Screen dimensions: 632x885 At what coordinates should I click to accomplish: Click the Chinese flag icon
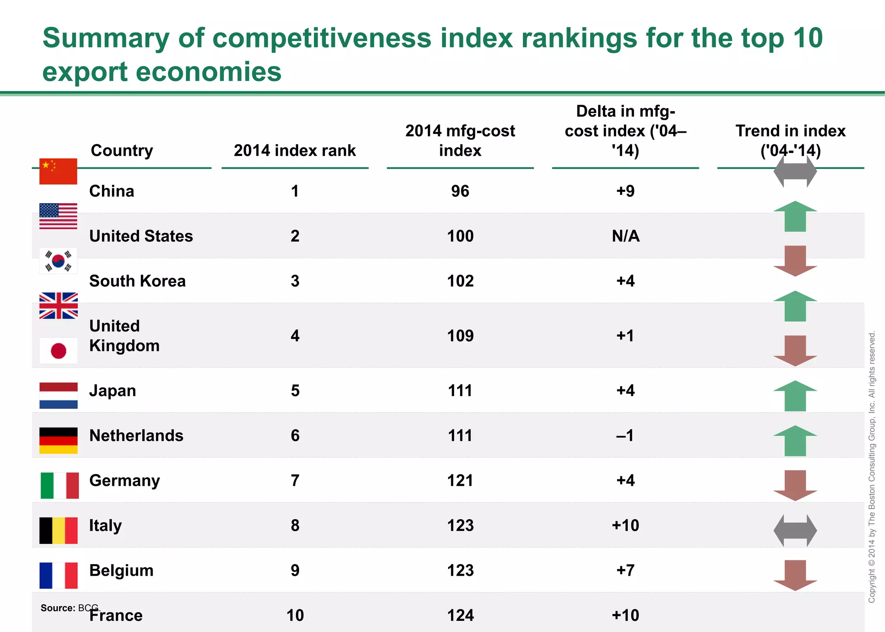pyautogui.click(x=58, y=171)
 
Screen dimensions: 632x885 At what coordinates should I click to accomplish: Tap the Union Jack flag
pyautogui.click(x=58, y=306)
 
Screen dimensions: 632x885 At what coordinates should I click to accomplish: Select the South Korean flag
pyautogui.click(x=58, y=261)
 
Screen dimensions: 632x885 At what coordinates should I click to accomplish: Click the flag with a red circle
pyautogui.click(x=58, y=351)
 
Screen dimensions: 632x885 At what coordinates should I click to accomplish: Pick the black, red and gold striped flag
pyautogui.click(x=58, y=440)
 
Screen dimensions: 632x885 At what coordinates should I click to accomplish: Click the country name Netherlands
pyautogui.click(x=136, y=435)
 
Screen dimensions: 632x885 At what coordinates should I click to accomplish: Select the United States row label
pyautogui.click(x=141, y=236)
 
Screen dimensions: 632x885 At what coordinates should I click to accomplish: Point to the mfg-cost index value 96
pyautogui.click(x=460, y=191)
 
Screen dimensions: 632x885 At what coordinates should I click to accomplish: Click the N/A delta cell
pyautogui.click(x=625, y=236)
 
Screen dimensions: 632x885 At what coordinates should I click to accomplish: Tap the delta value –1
pyautogui.click(x=625, y=435)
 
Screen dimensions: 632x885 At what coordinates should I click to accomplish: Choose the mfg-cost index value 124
pyautogui.click(x=460, y=615)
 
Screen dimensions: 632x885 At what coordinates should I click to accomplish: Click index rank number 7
pyautogui.click(x=295, y=480)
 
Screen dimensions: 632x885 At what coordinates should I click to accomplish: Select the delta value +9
pyautogui.click(x=625, y=191)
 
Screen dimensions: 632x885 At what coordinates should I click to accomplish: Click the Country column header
pyautogui.click(x=122, y=150)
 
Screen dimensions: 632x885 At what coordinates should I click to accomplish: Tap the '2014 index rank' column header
pyautogui.click(x=295, y=150)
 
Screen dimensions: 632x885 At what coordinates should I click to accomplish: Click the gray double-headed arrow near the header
pyautogui.click(x=795, y=172)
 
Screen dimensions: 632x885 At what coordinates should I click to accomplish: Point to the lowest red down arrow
pyautogui.click(x=795, y=575)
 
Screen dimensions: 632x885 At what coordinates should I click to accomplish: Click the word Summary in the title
pyautogui.click(x=106, y=38)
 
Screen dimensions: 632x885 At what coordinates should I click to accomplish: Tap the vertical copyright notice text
pyautogui.click(x=872, y=467)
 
